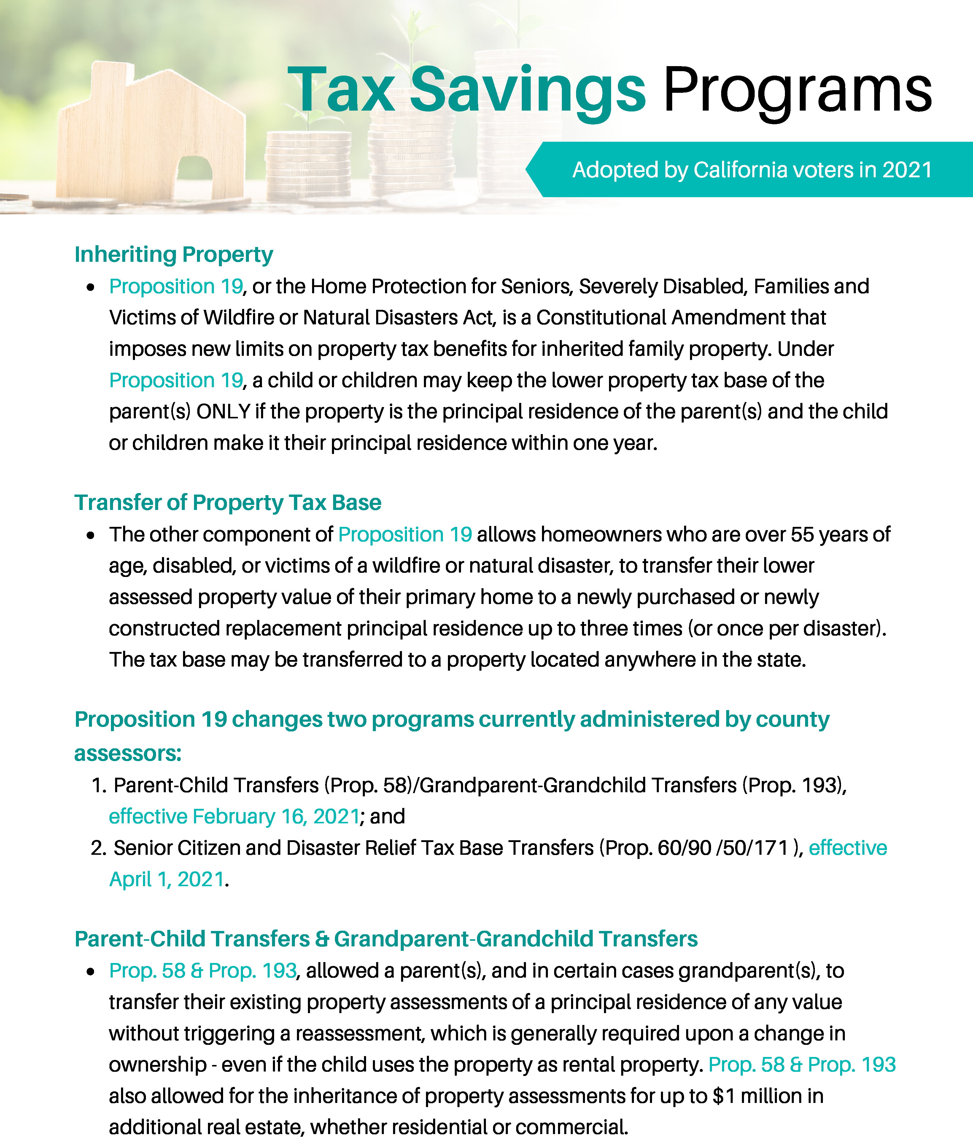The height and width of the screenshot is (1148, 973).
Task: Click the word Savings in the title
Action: click(x=527, y=89)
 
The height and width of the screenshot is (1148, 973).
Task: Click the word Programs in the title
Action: click(x=797, y=89)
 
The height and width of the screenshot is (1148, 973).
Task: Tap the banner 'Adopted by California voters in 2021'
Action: click(x=752, y=170)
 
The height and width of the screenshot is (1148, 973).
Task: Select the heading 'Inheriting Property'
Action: click(x=174, y=255)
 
